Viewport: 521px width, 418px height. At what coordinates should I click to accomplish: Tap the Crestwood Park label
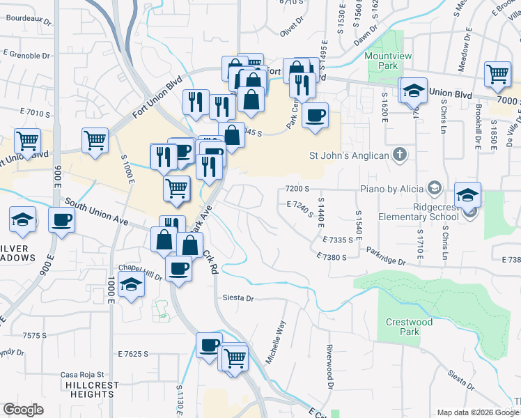(409, 327)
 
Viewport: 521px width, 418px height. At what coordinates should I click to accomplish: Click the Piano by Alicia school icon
(435, 188)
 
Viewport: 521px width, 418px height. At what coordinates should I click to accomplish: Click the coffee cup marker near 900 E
(62, 222)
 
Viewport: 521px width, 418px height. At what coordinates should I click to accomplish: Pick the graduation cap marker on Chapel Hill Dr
(130, 285)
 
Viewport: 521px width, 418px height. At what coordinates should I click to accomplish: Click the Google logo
(23, 410)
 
